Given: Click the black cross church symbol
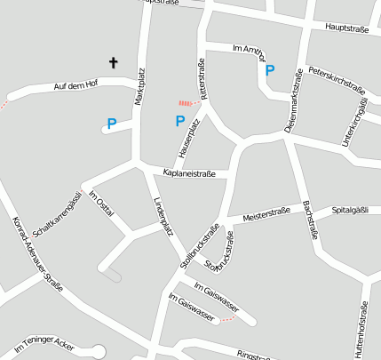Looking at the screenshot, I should (114, 62).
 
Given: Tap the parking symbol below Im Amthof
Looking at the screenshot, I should (270, 69).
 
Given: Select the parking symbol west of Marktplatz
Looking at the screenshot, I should (111, 124).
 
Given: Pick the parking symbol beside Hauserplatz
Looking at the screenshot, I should (179, 121).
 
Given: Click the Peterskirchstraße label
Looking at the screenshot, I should (337, 81).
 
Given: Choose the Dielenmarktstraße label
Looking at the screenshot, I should (293, 111).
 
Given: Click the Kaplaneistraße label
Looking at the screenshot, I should (189, 172).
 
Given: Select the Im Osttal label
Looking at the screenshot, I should (100, 202).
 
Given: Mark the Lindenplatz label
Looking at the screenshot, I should (163, 215).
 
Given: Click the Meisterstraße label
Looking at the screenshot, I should (255, 215).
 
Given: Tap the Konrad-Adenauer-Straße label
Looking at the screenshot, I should (37, 255).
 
